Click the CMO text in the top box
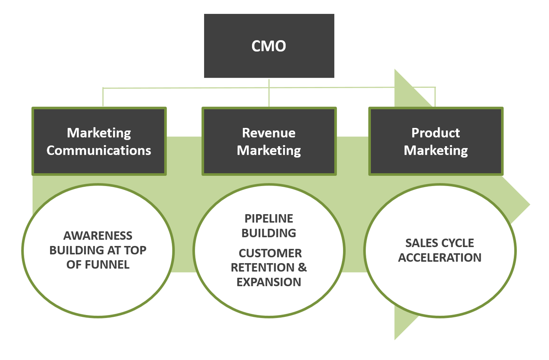pos(269,46)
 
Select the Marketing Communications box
pos(99,141)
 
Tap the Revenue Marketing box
pos(269,141)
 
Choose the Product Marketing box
pos(436,141)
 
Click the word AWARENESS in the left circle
pos(98,235)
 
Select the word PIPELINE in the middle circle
pos(269,218)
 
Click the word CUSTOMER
pos(270,253)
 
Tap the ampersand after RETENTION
pos(302,267)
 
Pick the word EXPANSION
pos(269,282)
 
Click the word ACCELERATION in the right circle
pos(439,258)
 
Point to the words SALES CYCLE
pos(439,243)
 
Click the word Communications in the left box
pos(99,150)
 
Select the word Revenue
pos(269,133)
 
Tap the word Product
pos(436,133)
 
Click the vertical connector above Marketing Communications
pos(103,97)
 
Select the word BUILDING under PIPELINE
pos(269,233)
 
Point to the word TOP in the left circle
pos(135,250)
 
